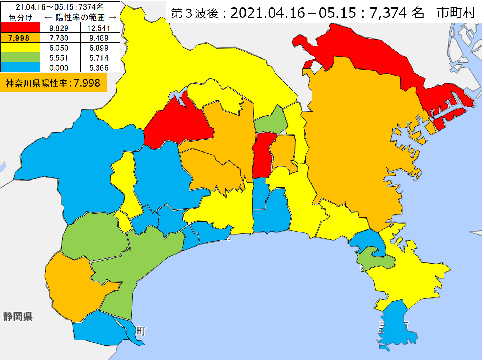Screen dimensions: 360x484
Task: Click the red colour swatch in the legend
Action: tap(20, 28)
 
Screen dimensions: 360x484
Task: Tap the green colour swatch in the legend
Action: tap(20, 57)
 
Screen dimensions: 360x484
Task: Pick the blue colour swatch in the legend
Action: tap(20, 67)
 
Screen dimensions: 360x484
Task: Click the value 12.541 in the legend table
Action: tap(99, 28)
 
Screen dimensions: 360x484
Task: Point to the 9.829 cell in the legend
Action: tap(59, 28)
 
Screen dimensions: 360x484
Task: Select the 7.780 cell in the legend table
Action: tap(59, 38)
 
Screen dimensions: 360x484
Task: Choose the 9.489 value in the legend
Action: tap(99, 38)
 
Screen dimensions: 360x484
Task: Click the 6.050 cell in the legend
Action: tap(59, 48)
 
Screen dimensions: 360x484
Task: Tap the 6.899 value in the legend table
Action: tap(99, 48)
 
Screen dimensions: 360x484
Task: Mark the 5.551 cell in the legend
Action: tap(59, 58)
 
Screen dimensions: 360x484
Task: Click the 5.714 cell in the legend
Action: tap(99, 58)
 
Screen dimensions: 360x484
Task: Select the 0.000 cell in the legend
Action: tap(59, 68)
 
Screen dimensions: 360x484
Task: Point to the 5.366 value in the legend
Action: tap(99, 68)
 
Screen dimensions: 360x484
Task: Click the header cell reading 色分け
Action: tap(20, 17)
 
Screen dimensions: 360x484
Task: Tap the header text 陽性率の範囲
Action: tap(80, 17)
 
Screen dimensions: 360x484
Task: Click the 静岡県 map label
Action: tap(18, 316)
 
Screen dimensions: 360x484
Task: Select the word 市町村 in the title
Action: tap(456, 13)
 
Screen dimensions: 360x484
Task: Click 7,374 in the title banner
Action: tap(388, 13)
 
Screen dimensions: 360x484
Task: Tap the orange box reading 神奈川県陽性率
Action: tap(53, 83)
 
